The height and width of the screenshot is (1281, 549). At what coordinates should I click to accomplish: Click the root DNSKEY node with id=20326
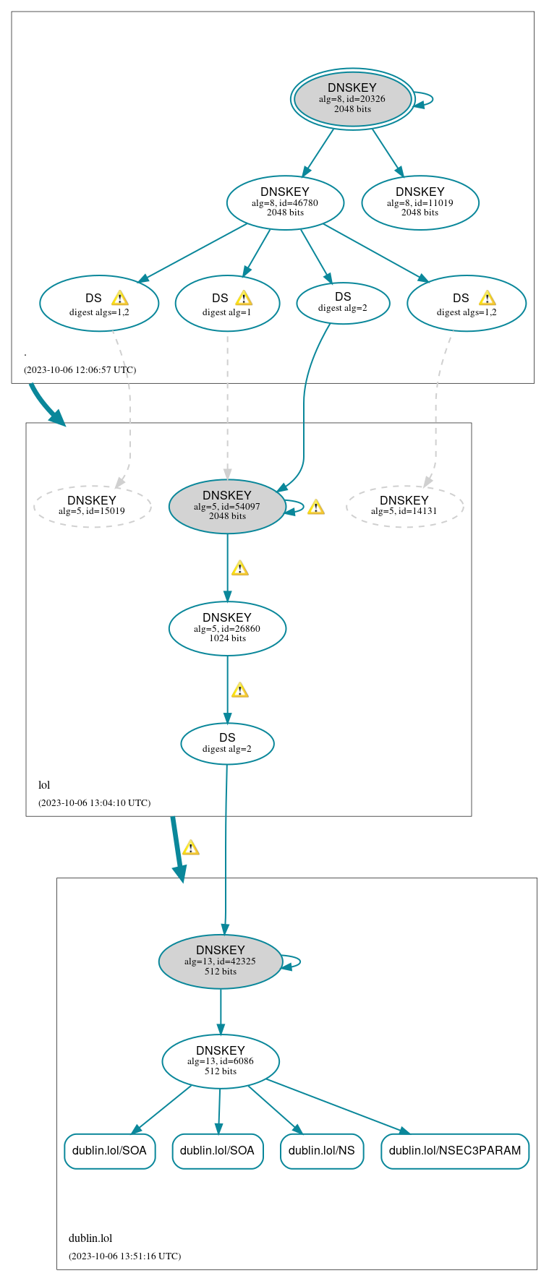pos(352,99)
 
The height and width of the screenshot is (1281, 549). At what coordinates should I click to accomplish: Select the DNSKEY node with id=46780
pos(285,202)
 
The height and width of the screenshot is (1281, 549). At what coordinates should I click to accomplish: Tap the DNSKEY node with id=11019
pos(420,202)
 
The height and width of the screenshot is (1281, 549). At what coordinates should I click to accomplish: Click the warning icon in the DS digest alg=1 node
pos(244,298)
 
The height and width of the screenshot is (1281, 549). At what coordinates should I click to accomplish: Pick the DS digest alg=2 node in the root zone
pos(343,303)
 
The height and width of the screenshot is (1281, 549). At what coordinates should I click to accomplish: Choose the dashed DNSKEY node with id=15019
pos(92,506)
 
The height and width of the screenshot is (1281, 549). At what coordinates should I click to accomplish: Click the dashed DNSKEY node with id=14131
pos(404,506)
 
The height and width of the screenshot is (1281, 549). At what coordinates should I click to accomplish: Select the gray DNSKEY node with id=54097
pos(227,506)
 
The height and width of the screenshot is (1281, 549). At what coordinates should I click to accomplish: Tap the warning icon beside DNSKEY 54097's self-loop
pos(315,507)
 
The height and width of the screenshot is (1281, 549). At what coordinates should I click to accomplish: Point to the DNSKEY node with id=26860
pos(227,628)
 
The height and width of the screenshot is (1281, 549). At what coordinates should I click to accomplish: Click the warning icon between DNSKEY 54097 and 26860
pos(239,568)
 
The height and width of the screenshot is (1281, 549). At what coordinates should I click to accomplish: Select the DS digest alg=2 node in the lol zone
pos(227,743)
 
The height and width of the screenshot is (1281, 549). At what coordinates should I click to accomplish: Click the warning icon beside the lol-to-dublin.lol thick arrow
pos(190,848)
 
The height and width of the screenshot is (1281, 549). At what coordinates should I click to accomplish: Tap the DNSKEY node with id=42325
pos(220,961)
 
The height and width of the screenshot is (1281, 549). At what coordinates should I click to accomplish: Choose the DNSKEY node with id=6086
pos(221,1061)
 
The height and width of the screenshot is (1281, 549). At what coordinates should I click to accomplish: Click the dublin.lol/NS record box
pos(321,1150)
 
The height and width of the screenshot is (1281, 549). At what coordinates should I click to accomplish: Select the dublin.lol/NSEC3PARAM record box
pos(454,1150)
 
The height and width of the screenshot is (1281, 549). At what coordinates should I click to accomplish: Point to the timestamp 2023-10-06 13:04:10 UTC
pos(94,802)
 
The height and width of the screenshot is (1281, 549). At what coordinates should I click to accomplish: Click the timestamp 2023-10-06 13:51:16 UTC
pos(124,1256)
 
